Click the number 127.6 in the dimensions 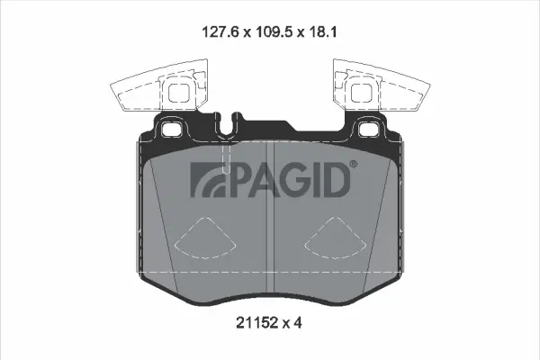[x=218, y=31]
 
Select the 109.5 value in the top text [x=272, y=31]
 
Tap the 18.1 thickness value [x=320, y=31]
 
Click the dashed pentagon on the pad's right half [x=332, y=239]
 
